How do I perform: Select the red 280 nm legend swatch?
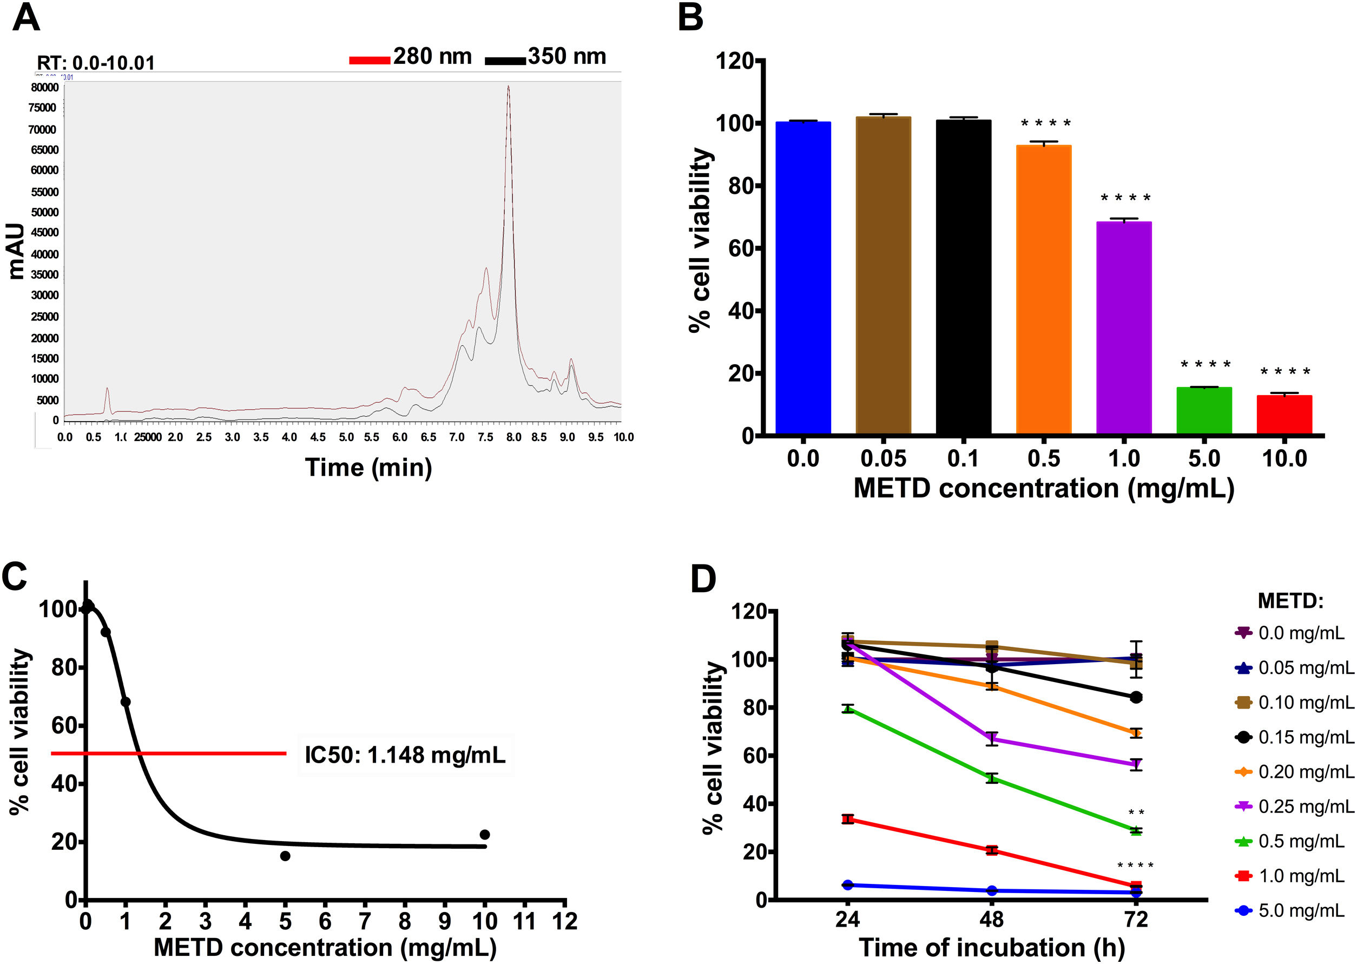369,60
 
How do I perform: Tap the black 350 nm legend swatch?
505,60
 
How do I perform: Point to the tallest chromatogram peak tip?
509,87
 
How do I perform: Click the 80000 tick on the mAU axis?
45,87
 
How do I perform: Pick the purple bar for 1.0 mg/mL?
1124,327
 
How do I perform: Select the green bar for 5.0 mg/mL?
1204,410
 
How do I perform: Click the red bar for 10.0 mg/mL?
1284,414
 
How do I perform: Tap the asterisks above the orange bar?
1045,124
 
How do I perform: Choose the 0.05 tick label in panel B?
884,459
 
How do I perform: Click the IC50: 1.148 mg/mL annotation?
405,755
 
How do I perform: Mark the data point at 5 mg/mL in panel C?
285,856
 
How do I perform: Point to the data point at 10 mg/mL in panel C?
485,835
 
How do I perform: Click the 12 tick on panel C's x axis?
565,921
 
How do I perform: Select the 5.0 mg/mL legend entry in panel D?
1291,910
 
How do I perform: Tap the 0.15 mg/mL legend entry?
1294,737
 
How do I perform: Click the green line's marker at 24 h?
848,709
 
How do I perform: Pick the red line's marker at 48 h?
991,850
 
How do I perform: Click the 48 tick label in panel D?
991,920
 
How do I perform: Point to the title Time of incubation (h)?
991,947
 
